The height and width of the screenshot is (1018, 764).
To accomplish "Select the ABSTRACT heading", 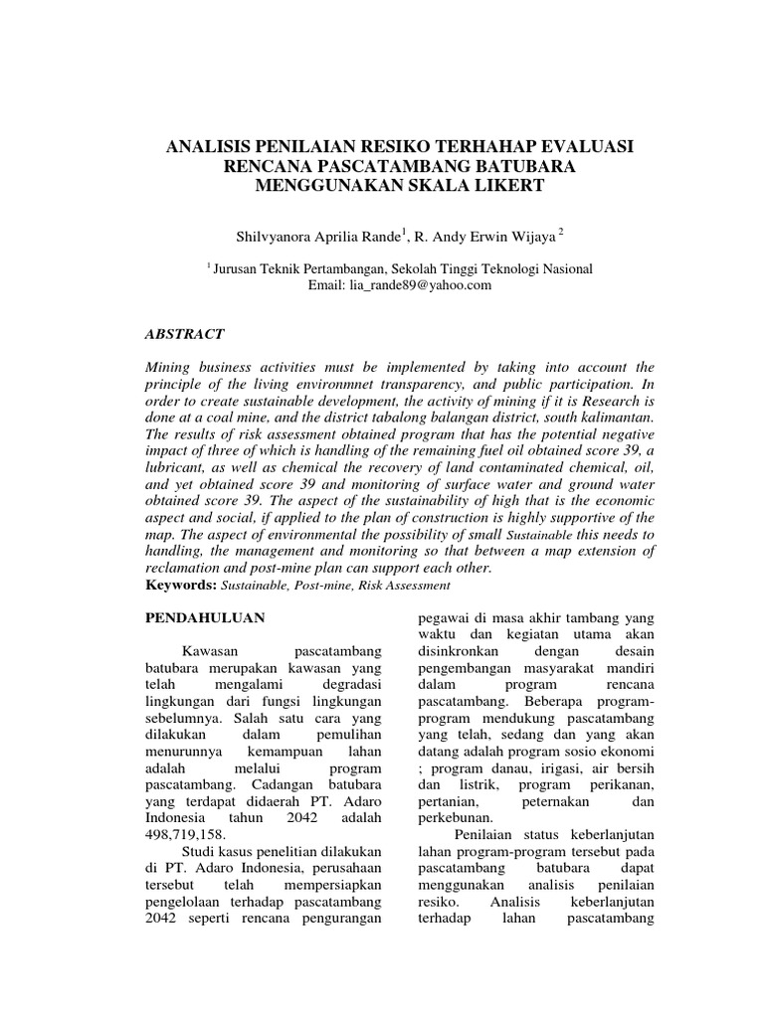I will pyautogui.click(x=185, y=334).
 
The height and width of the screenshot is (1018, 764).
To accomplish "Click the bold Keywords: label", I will pyautogui.click(x=180, y=585).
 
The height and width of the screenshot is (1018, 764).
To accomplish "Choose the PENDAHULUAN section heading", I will pyautogui.click(x=205, y=617).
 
